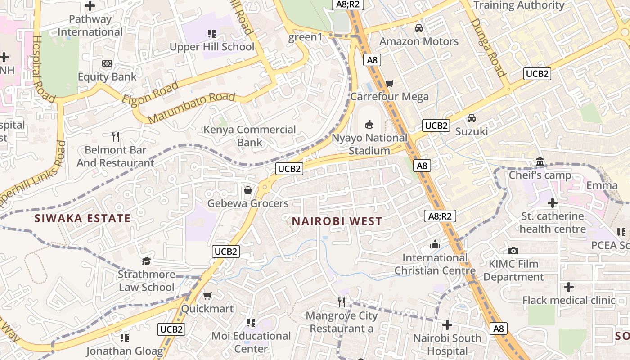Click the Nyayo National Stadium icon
(369, 125)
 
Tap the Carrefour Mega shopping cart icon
(390, 83)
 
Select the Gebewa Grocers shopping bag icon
(248, 190)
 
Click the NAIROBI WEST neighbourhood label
(337, 221)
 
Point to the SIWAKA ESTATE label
(83, 219)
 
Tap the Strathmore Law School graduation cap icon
(146, 261)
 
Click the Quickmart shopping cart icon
(207, 296)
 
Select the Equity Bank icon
(107, 63)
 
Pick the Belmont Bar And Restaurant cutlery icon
(116, 136)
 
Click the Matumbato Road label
(191, 108)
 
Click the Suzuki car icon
(472, 118)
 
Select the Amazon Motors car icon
(419, 28)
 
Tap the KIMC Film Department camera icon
(513, 251)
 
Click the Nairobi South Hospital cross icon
(447, 325)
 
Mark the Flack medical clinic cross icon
(569, 287)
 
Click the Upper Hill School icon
(212, 34)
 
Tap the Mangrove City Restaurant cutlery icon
(342, 302)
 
